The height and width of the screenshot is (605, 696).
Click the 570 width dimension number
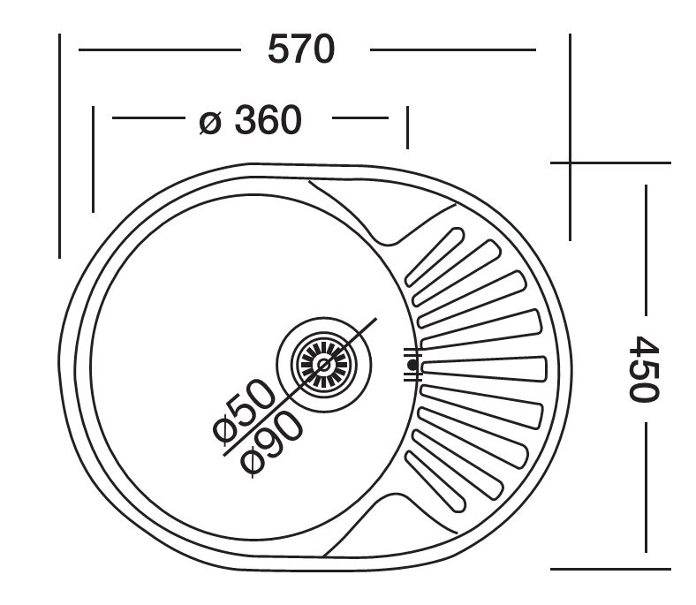[302, 49]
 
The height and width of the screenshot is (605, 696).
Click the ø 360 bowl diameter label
[251, 120]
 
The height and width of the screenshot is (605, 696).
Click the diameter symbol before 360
[209, 121]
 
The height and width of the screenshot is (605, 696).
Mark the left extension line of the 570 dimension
[59, 146]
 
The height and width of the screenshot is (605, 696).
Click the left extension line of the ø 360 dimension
[93, 159]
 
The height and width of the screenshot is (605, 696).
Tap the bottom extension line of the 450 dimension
[610, 566]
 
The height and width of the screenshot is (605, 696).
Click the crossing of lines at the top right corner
[570, 163]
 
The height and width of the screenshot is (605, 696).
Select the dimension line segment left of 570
[159, 50]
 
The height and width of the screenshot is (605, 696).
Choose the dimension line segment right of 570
[452, 50]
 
